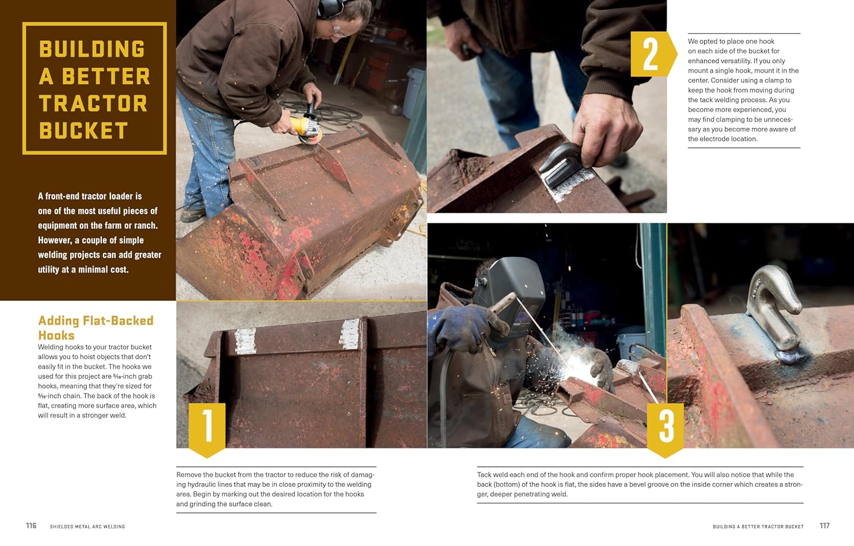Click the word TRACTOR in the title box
pyautogui.click(x=93, y=103)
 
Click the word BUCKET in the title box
pyautogui.click(x=84, y=130)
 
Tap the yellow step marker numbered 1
pyautogui.click(x=207, y=430)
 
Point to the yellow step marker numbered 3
pyautogui.click(x=666, y=430)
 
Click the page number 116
pyautogui.click(x=31, y=526)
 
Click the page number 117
pyautogui.click(x=824, y=526)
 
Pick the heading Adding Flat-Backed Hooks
pyautogui.click(x=96, y=327)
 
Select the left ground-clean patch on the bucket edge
pyautogui.click(x=245, y=340)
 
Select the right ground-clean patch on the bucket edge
pyautogui.click(x=350, y=334)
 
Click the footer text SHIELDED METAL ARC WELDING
pyautogui.click(x=87, y=527)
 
